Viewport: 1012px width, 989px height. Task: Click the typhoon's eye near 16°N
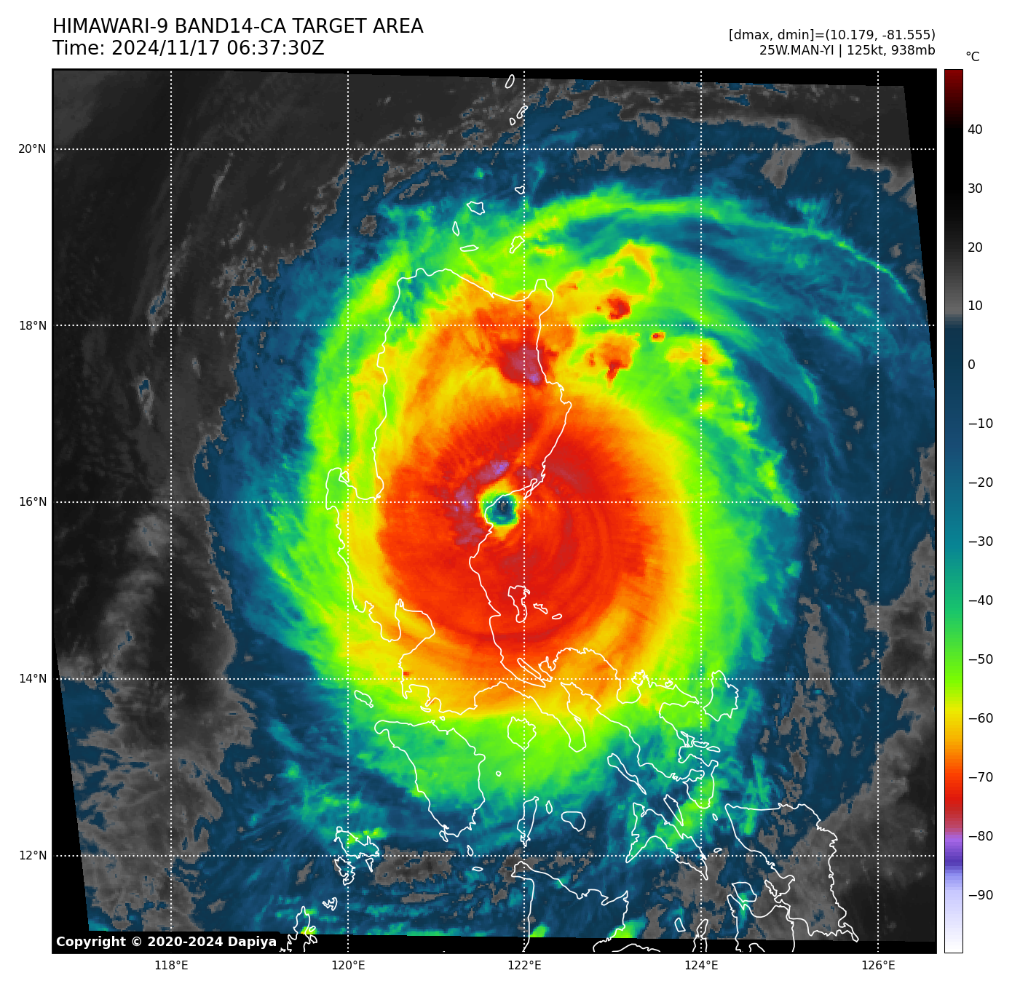tap(501, 510)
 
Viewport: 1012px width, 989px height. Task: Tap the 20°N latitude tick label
tap(32, 149)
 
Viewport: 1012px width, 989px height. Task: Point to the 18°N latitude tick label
tap(32, 325)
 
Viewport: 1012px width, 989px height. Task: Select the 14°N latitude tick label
tap(32, 679)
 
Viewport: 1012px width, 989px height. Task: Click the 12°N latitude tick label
tap(32, 856)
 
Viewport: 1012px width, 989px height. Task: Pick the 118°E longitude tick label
tap(172, 966)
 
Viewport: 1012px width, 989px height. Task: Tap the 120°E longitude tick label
tap(348, 966)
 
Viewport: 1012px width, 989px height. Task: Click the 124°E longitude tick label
tap(701, 966)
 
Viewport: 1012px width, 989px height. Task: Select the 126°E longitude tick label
tap(878, 966)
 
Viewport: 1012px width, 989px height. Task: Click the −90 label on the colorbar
tap(980, 895)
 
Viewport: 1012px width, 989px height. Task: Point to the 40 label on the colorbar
tap(975, 130)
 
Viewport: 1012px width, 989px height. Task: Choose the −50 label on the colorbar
tap(980, 659)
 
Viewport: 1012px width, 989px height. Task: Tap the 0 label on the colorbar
tap(971, 365)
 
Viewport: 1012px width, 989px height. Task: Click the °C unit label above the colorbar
tap(973, 57)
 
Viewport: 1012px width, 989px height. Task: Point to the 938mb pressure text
tap(913, 50)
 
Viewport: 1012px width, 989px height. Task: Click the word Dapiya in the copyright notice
tap(252, 942)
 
